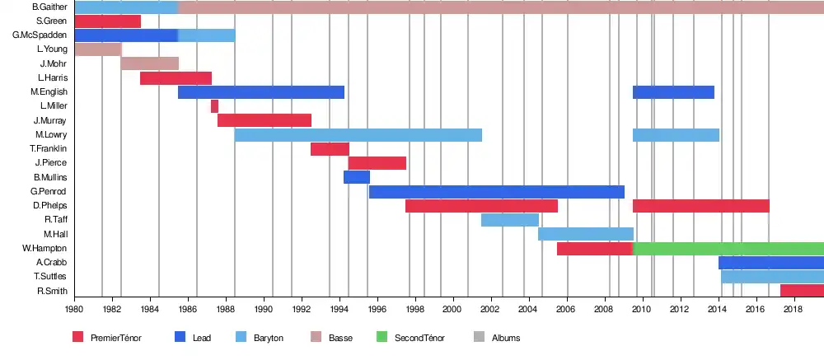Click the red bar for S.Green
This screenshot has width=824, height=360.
click(x=107, y=21)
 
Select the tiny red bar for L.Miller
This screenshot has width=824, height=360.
click(x=214, y=106)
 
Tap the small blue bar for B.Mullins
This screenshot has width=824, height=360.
click(x=356, y=177)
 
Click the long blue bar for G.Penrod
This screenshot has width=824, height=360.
click(x=496, y=192)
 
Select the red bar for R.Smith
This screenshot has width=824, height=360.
click(x=802, y=291)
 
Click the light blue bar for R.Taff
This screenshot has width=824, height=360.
click(x=509, y=220)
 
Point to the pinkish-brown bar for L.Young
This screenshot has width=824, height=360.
click(x=97, y=49)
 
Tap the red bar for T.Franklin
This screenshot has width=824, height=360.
click(x=330, y=149)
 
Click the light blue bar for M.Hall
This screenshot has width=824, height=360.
click(x=585, y=234)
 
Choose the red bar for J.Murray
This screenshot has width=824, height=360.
click(x=264, y=120)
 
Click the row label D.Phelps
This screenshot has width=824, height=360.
click(x=49, y=206)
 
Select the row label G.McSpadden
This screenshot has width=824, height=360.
click(x=40, y=35)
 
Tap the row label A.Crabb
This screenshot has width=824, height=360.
click(x=51, y=263)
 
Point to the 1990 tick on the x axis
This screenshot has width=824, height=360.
click(x=264, y=310)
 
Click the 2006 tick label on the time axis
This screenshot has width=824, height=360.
click(x=565, y=310)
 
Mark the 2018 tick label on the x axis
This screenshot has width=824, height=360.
click(x=793, y=310)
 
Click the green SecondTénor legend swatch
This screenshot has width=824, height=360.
click(x=382, y=337)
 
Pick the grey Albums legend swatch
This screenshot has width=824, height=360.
click(x=479, y=337)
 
